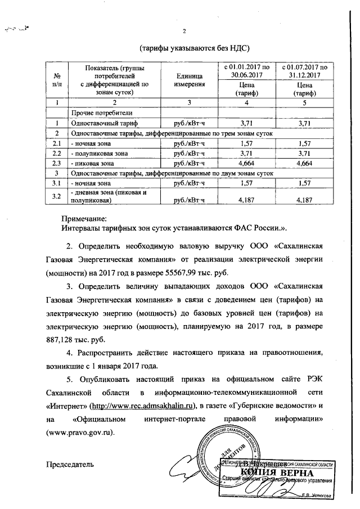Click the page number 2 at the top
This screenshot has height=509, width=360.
point(184,30)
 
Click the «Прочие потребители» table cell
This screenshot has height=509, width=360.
point(93,112)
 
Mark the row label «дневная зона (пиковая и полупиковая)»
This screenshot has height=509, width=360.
point(104,196)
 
